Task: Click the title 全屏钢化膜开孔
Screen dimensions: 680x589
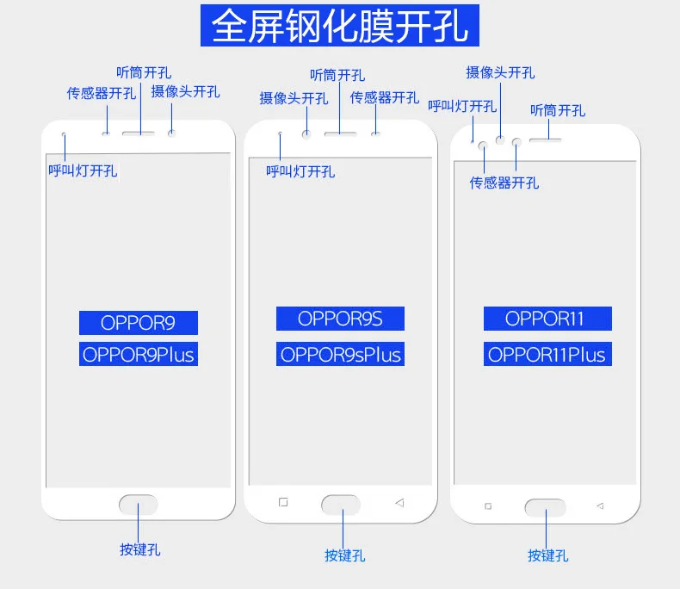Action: coord(339,26)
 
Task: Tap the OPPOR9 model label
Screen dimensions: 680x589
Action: coord(139,323)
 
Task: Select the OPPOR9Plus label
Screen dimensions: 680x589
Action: coord(139,354)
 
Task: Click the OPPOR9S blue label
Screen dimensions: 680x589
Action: coord(340,319)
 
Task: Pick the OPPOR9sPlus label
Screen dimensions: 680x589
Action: coord(340,354)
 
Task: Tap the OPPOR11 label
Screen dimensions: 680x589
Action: coord(547,319)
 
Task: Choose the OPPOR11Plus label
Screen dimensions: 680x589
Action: coord(547,354)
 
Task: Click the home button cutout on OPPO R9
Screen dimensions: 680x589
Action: coord(139,505)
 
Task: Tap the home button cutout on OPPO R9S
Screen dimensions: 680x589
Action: coord(341,505)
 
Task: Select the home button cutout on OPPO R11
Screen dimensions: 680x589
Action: coord(546,507)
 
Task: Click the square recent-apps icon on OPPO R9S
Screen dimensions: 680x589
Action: coord(283,502)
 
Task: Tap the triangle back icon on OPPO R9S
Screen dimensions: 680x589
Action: coord(400,503)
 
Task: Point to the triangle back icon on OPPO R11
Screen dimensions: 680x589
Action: coord(600,505)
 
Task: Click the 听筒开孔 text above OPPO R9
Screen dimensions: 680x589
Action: coord(144,72)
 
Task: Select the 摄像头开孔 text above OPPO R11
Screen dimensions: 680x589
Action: coord(500,72)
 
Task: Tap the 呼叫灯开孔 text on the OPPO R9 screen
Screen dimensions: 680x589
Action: coord(83,170)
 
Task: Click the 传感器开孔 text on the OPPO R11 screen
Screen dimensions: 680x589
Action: coord(504,183)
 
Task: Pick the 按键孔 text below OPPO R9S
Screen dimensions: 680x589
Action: coord(345,555)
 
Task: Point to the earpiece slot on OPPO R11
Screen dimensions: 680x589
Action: coord(546,140)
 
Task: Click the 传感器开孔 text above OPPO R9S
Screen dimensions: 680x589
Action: coord(384,97)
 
